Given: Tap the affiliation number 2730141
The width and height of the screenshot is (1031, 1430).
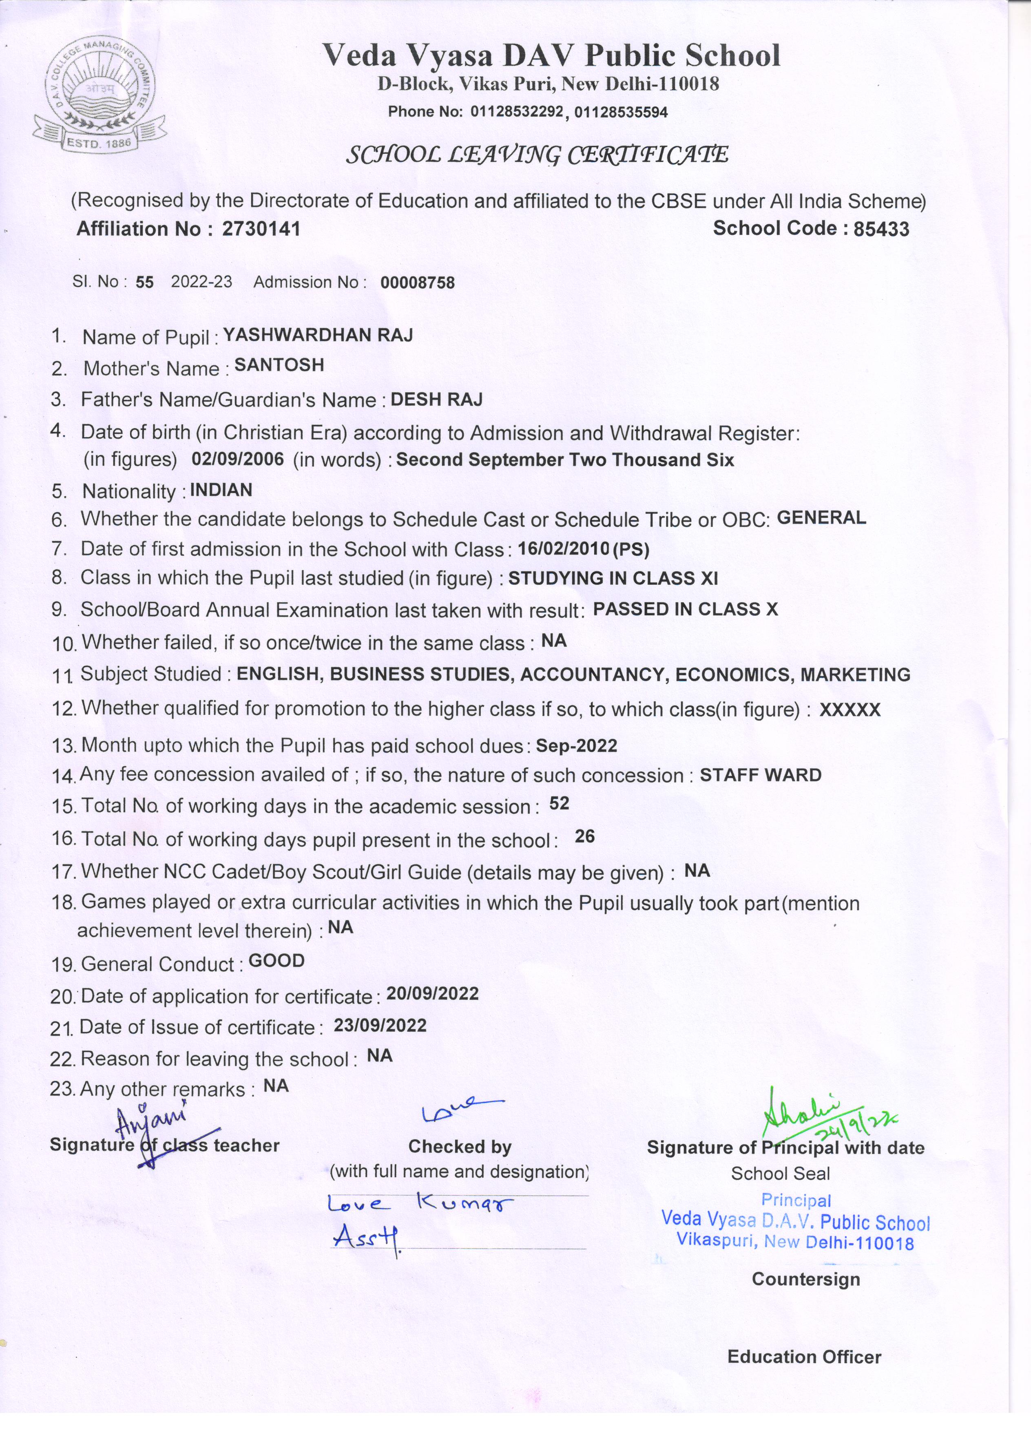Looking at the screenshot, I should (x=261, y=228).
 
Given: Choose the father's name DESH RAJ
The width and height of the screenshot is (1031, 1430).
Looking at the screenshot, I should (x=437, y=399).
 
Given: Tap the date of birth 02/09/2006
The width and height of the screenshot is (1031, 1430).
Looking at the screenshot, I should (x=238, y=458).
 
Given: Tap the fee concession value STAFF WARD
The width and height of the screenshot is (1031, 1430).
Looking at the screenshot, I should (x=761, y=774).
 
